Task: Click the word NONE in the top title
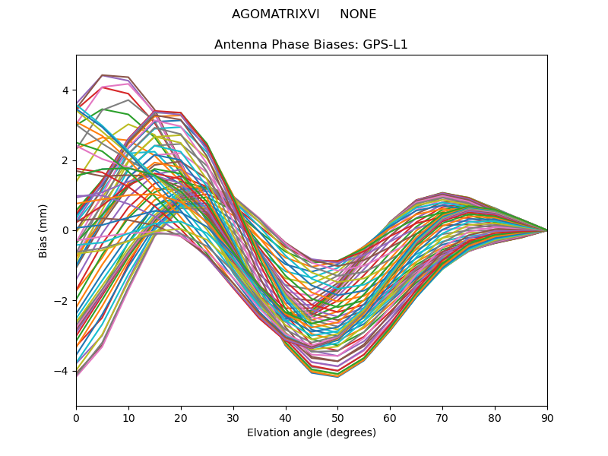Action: click(358, 14)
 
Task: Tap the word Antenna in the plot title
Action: click(238, 45)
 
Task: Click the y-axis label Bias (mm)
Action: click(43, 230)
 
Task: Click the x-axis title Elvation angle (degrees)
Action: click(312, 432)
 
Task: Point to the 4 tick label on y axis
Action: click(65, 90)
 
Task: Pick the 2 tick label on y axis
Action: click(65, 160)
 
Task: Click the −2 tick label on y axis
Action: click(62, 301)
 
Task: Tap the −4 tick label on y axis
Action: click(62, 371)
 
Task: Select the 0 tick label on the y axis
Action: click(65, 230)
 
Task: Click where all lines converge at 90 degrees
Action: click(546, 230)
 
